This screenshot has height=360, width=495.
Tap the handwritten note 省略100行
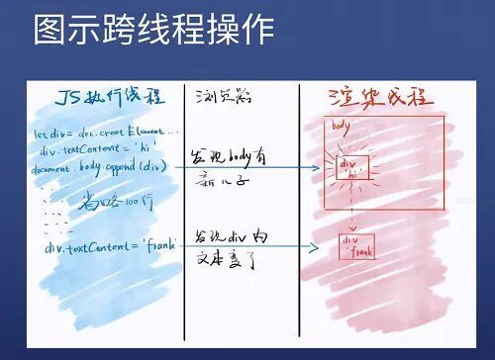(109, 204)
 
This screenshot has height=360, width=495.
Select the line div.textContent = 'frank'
(108, 245)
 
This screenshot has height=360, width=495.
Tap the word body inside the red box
(342, 126)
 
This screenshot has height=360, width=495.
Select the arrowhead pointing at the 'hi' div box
(317, 168)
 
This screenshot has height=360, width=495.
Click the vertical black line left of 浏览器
(184, 218)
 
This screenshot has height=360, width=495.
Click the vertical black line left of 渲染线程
(299, 218)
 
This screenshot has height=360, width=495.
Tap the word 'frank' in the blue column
(158, 245)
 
